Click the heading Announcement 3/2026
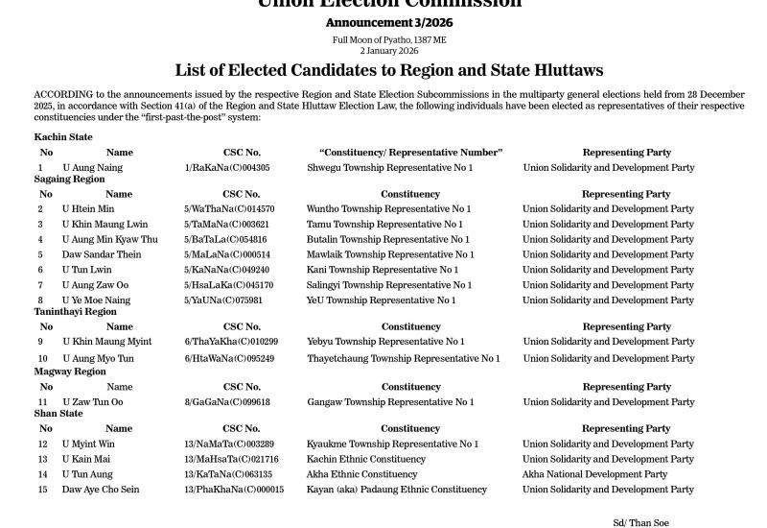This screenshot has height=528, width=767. [389, 22]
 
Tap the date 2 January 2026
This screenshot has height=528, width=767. [389, 50]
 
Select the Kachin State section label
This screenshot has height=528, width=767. [63, 137]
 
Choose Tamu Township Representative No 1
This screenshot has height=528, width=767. [384, 225]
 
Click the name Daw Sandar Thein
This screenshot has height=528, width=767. [102, 255]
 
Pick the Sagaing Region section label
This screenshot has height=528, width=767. [69, 180]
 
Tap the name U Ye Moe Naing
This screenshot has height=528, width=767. [96, 300]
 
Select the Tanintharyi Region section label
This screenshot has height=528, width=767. [75, 312]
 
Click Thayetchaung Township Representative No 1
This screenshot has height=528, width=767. [404, 359]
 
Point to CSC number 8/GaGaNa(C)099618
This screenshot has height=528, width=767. [227, 402]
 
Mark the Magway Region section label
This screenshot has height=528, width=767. [70, 372]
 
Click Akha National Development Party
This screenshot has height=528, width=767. [594, 474]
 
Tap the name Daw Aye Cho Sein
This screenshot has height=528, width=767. [101, 490]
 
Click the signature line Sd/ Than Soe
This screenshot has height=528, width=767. [640, 523]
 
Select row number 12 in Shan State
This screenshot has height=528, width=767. [42, 444]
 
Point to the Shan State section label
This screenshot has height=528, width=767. [58, 414]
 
